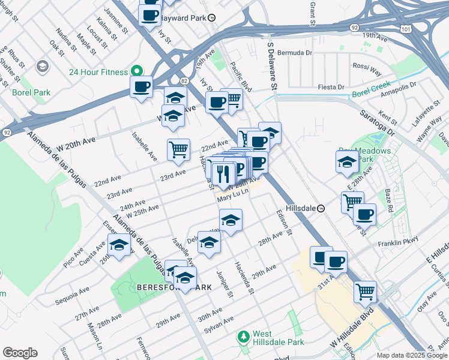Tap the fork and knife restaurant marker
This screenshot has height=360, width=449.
(x=223, y=175)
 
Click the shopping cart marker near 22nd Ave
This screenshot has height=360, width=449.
(x=178, y=149)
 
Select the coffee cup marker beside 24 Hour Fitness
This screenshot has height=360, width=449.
(x=142, y=88)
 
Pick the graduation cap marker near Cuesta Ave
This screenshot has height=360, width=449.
(x=119, y=246)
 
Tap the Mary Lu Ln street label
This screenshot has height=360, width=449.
(x=232, y=196)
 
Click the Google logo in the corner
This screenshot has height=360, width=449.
(x=20, y=353)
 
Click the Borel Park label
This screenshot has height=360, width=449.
(x=31, y=93)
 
